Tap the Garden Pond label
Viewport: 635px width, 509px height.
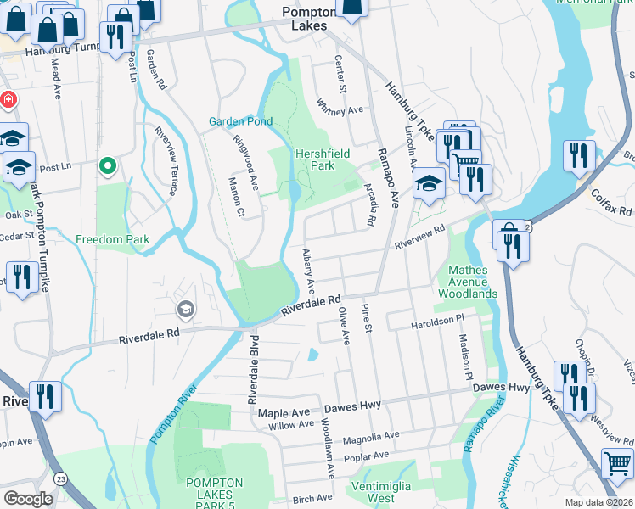pos(240,121)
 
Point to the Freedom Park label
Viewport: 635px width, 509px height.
pos(112,239)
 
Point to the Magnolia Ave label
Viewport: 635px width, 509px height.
pos(370,437)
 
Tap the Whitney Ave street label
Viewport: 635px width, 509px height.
pos(340,109)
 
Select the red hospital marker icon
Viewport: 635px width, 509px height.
pos(8,100)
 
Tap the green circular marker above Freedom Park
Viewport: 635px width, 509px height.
pos(107,165)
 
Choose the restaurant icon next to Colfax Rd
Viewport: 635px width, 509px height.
pos(579,155)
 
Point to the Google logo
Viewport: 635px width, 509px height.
pos(28,498)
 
